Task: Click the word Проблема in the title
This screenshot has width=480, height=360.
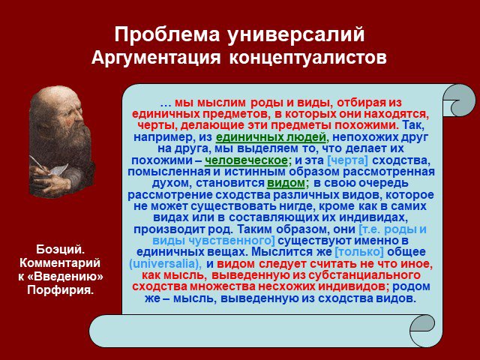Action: point(167,34)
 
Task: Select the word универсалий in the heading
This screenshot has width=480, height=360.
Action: point(296,35)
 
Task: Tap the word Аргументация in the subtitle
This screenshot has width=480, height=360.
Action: point(156,58)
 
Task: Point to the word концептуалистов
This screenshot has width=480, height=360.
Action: point(307,58)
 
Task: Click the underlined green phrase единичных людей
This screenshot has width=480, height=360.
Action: point(271,137)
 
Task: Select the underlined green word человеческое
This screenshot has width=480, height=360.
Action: point(247,160)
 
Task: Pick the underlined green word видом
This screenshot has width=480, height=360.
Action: point(286,183)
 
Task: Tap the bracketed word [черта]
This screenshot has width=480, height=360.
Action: point(347,160)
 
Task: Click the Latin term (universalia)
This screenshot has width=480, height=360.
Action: point(165,263)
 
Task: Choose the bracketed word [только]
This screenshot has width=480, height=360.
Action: point(359,252)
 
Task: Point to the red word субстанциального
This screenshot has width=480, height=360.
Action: point(364,275)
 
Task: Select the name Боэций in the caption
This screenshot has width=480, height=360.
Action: point(60,250)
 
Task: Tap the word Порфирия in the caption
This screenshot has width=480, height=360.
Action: point(60,289)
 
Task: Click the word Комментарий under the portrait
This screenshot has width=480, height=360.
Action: point(60,262)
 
